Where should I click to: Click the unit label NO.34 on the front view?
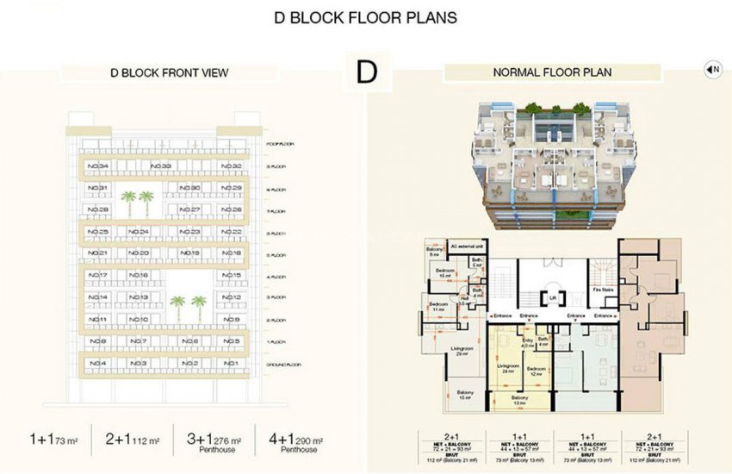click(x=98, y=165)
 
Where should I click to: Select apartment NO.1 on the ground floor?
click(x=229, y=364)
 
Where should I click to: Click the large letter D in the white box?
click(x=367, y=73)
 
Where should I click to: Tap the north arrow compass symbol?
click(x=712, y=70)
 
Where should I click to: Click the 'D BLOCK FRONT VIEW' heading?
click(x=169, y=73)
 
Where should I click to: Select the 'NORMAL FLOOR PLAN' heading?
click(x=552, y=73)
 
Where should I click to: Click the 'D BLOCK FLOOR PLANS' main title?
click(x=365, y=17)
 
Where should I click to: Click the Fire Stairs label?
click(x=602, y=290)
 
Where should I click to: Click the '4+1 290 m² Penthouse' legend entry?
click(x=293, y=442)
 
